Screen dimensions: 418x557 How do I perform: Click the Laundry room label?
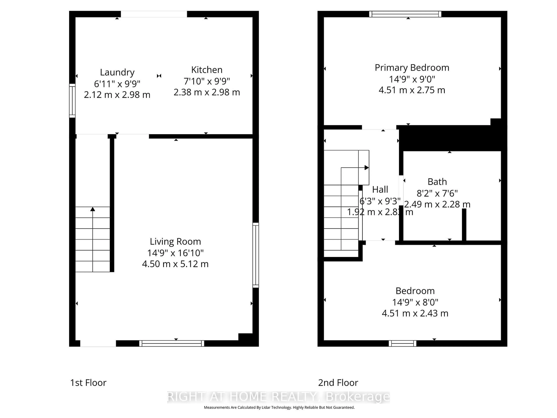(x=117, y=72)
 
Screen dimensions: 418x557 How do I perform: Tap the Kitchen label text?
(x=207, y=70)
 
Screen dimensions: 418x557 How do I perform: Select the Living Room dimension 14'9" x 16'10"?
(x=175, y=253)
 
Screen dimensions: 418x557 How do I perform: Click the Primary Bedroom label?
(x=412, y=68)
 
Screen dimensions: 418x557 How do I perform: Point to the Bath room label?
(x=437, y=182)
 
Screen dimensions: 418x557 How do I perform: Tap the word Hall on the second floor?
(x=380, y=189)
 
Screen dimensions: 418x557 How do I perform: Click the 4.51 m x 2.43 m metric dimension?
(x=415, y=313)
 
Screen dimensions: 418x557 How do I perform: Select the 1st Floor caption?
(x=88, y=383)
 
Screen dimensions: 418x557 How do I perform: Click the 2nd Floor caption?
(x=338, y=383)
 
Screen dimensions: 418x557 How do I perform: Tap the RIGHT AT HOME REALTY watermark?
(x=278, y=397)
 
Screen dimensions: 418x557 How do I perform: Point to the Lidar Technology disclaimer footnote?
(x=279, y=407)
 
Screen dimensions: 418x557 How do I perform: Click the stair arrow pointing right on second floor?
(x=367, y=167)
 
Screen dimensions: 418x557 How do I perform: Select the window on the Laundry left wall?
(x=72, y=101)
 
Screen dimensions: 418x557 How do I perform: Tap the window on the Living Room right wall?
(x=256, y=255)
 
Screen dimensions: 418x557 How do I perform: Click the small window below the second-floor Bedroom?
(x=402, y=343)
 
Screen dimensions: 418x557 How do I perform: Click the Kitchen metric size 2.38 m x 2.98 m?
(x=207, y=92)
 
